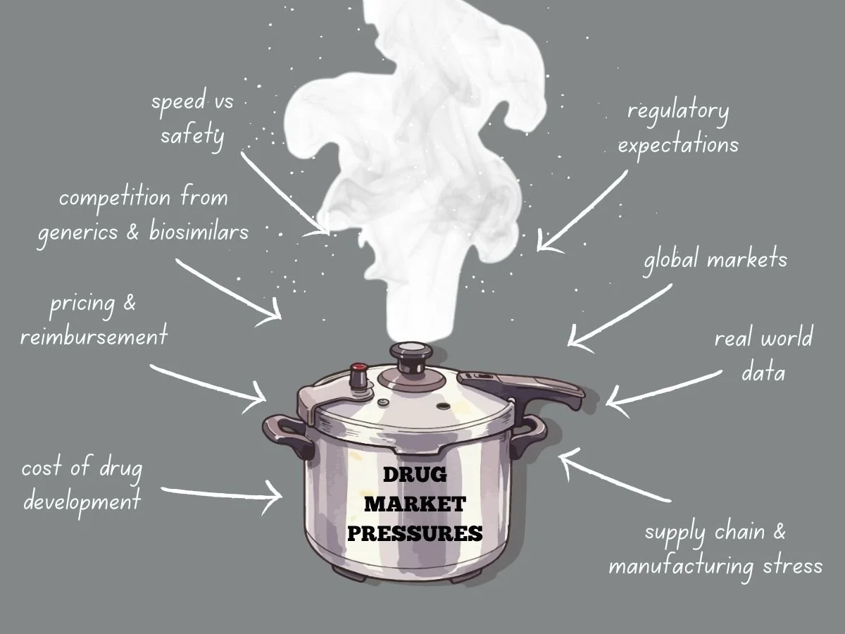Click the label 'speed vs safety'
[x=192, y=118]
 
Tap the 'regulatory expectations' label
[x=678, y=128]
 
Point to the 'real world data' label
[x=763, y=354]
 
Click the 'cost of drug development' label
[x=81, y=485]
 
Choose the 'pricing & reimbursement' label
[x=94, y=321]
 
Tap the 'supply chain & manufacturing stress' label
[x=715, y=549]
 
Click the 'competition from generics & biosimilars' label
[x=143, y=214]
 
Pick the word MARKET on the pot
[x=415, y=504]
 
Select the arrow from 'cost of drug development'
[x=222, y=492]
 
